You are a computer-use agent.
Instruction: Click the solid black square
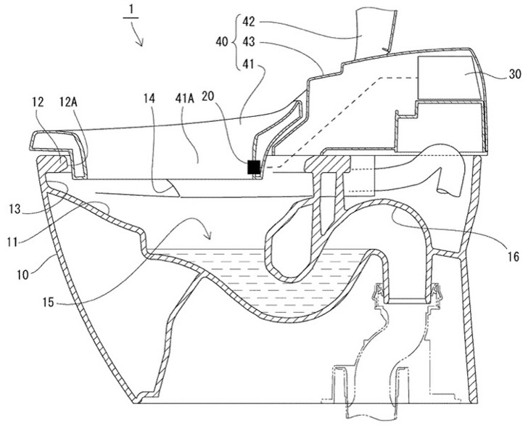pyautogui.click(x=253, y=168)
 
